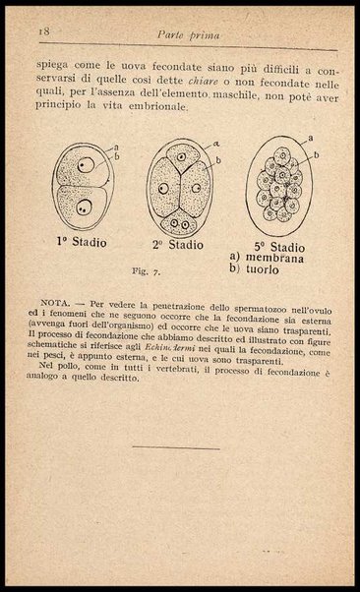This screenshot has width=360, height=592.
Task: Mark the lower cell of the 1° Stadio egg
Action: pyautogui.click(x=84, y=204)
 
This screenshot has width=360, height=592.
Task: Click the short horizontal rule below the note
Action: pyautogui.click(x=177, y=448)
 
